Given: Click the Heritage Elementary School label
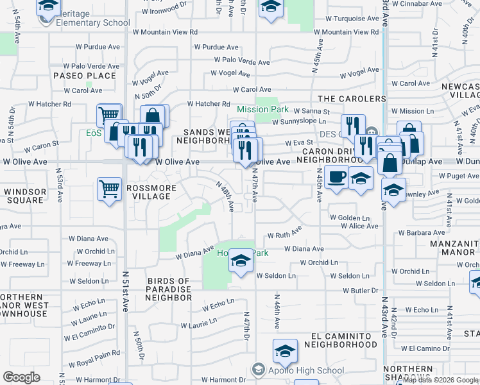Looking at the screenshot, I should click(84, 18).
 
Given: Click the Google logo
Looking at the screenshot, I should click(22, 377).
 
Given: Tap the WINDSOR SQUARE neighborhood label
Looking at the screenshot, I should click(25, 196).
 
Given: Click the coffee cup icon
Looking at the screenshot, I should click(335, 176).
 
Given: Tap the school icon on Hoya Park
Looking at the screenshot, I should click(241, 261).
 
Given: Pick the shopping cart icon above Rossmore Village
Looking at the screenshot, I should click(110, 189).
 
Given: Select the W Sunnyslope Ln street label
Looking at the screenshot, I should click(296, 121).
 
